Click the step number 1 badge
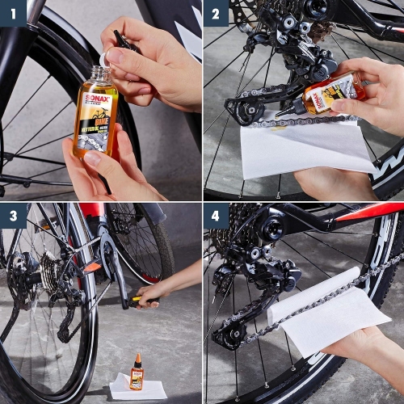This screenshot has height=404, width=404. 13,13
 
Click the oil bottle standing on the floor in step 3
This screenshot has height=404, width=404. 137,374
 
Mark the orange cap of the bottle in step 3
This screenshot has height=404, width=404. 138,358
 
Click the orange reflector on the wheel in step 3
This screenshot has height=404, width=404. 92,267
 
